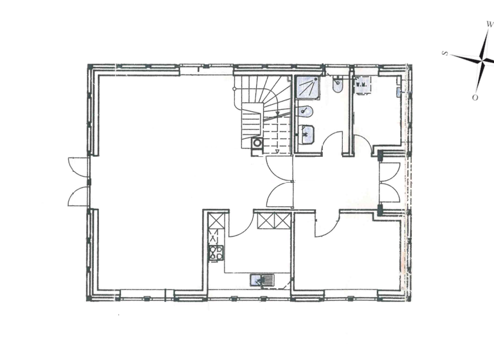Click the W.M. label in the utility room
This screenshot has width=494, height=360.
pyautogui.click(x=361, y=84)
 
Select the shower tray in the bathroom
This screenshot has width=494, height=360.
pyautogui.click(x=307, y=87)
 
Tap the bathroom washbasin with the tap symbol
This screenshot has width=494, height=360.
pyautogui.click(x=307, y=134)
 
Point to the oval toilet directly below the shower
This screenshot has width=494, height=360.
pyautogui.click(x=306, y=111)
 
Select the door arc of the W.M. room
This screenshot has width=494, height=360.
pyautogui.click(x=361, y=146)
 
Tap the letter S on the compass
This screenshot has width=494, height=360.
pyautogui.click(x=444, y=53)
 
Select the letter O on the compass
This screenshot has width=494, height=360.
pyautogui.click(x=475, y=97)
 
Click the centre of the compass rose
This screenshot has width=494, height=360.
pyautogui.click(x=482, y=60)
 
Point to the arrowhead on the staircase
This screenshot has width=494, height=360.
pyautogui.click(x=277, y=151)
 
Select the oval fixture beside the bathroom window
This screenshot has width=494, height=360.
pyautogui.click(x=338, y=85)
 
